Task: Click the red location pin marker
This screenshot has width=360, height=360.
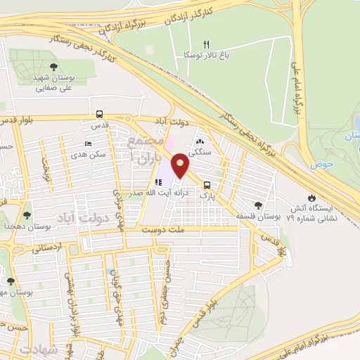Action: pyautogui.click(x=181, y=166)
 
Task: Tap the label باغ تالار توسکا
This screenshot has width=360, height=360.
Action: pyautogui.click(x=204, y=54)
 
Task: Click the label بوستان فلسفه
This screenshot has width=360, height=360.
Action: pyautogui.click(x=250, y=215)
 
